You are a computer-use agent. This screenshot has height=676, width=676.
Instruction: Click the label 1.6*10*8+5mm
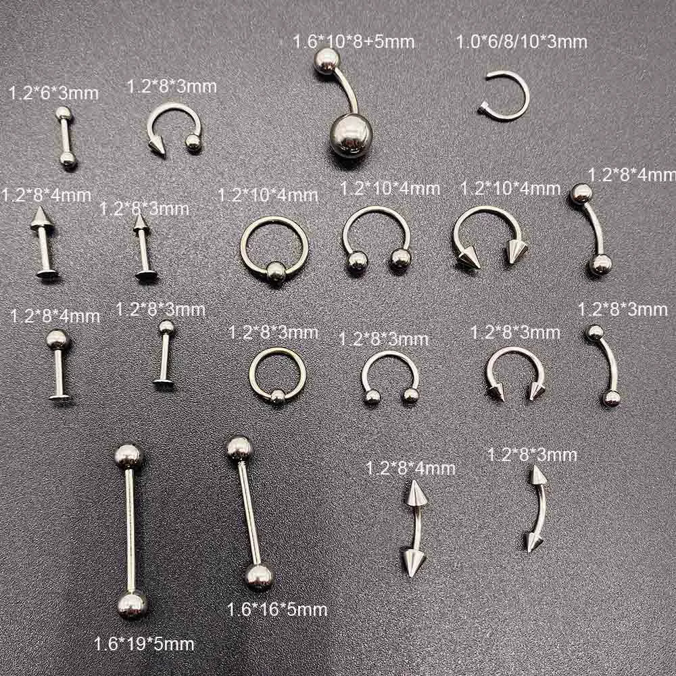coord(354,42)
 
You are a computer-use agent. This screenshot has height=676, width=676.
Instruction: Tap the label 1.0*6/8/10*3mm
coord(522,42)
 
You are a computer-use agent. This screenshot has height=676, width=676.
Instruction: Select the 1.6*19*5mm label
coord(144,644)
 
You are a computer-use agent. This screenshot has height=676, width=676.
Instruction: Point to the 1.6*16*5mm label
coord(276,609)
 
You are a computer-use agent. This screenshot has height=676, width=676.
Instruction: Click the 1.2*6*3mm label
coord(53,93)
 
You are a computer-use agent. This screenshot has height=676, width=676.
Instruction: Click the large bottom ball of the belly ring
coord(351,135)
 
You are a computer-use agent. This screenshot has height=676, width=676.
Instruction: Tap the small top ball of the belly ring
coord(327,61)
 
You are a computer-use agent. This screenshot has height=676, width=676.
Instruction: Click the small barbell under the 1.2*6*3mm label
coord(66,137)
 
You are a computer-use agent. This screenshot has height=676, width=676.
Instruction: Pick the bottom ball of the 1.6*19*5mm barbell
coord(132,605)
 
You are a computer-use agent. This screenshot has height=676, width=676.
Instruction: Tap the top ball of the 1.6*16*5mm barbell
coord(239,450)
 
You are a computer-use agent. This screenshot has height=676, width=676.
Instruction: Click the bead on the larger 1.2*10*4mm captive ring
coord(276,272)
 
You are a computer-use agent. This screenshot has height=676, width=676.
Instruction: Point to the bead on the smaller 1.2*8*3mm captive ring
coord(277,395)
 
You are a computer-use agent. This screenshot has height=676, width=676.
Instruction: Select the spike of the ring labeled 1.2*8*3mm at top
coord(157,146)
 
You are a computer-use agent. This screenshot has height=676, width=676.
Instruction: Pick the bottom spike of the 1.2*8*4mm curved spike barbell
coord(413,561)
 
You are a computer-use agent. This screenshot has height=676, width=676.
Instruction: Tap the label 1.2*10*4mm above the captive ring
coord(268,195)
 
